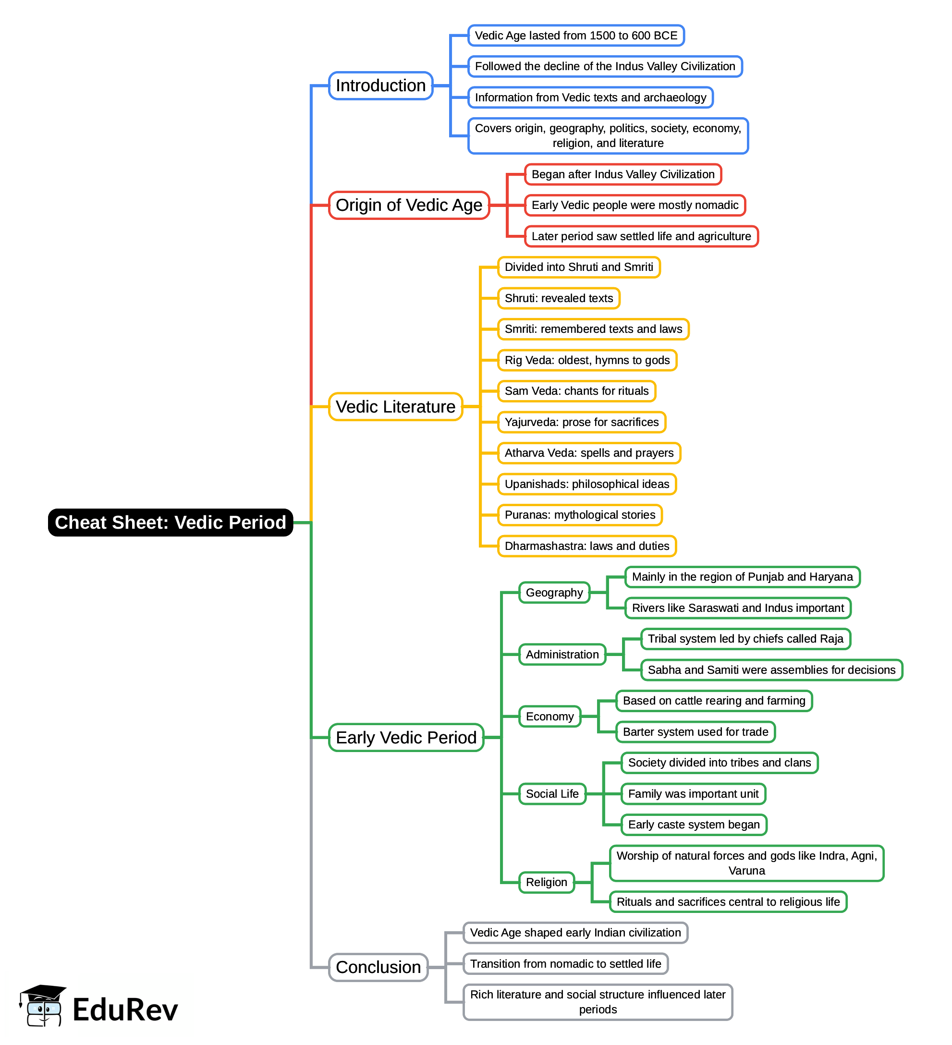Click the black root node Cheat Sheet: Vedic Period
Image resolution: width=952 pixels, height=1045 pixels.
tap(170, 522)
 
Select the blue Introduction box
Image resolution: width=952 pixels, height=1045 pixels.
tap(380, 85)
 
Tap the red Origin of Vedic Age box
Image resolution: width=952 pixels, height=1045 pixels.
tap(409, 205)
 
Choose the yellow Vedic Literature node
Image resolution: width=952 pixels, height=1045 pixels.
tap(395, 406)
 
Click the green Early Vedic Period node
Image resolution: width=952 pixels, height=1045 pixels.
tap(405, 737)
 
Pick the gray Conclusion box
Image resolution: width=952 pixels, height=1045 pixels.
tap(378, 967)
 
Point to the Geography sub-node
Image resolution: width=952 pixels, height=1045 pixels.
tap(554, 593)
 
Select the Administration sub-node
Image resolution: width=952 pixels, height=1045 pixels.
tap(561, 654)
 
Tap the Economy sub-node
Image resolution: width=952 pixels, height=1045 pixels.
tap(549, 717)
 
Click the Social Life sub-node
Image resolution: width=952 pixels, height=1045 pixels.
tap(552, 794)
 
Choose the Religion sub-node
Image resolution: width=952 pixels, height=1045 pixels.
tap(546, 882)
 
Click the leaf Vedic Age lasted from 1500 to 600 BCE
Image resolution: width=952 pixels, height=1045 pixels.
tap(575, 35)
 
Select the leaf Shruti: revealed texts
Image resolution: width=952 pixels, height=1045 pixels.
tap(559, 298)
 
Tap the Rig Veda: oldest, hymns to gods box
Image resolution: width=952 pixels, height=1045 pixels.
tap(586, 360)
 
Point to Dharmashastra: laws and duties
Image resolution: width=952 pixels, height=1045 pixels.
tap(586, 546)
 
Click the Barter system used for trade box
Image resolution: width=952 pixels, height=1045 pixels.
tap(695, 731)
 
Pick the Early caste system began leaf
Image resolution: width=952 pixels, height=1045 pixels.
tap(693, 824)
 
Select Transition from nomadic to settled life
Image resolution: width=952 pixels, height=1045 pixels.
tap(565, 964)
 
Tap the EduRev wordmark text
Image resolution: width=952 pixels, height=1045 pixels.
tap(125, 1009)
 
